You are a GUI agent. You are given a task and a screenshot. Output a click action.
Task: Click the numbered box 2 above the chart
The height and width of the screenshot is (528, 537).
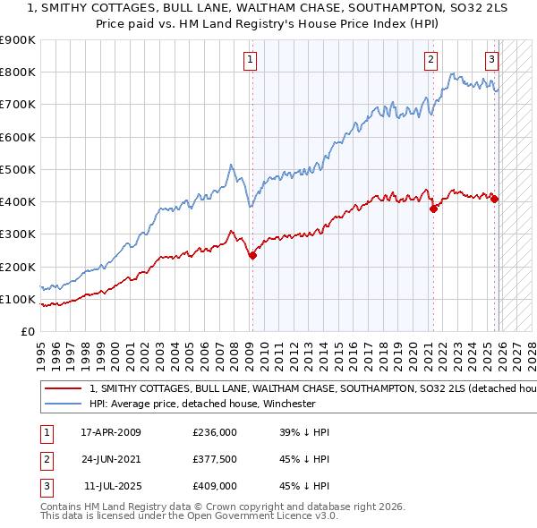(430, 60)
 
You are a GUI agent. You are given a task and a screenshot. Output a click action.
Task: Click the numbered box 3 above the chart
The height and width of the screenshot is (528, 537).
(491, 60)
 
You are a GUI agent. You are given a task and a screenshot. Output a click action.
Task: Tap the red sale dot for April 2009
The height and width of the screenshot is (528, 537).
(252, 255)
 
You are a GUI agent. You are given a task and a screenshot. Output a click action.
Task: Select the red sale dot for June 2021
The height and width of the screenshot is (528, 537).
(434, 209)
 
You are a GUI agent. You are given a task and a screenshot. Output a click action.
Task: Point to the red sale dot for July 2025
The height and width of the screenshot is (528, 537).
(495, 199)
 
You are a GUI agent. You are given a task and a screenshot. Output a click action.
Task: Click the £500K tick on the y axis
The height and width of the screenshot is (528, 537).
(18, 169)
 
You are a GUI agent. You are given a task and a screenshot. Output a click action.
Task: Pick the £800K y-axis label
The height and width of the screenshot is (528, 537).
(18, 72)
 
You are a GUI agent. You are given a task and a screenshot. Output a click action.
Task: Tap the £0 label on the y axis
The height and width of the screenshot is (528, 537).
(27, 331)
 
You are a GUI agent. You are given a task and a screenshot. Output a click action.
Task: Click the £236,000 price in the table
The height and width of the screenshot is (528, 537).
(215, 432)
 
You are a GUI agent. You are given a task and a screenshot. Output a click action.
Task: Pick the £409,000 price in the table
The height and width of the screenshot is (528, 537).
(215, 486)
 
